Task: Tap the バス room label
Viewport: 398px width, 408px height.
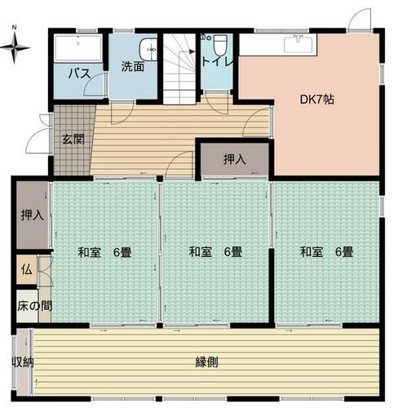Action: (x=79, y=73)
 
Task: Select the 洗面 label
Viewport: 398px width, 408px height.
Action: (x=133, y=67)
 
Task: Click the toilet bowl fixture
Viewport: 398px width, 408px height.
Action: (x=220, y=45)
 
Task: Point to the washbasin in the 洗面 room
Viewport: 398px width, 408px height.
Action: (x=148, y=50)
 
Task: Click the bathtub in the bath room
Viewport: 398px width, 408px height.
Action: (x=78, y=48)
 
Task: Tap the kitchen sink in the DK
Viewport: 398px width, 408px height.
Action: (x=298, y=44)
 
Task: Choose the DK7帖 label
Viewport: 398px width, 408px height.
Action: (x=316, y=100)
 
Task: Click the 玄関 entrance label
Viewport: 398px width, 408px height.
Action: (x=73, y=140)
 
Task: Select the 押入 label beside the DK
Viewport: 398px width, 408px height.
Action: (x=234, y=159)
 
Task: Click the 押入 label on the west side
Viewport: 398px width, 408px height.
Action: (x=33, y=215)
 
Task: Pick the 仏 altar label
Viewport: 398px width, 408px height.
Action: (x=27, y=270)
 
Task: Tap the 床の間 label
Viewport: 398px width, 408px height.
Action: (x=34, y=306)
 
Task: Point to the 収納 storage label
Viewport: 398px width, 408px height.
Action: (x=23, y=362)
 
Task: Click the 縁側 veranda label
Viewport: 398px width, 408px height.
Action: (x=206, y=362)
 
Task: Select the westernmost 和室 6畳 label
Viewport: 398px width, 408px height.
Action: (x=104, y=252)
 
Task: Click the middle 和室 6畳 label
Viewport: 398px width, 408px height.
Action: (x=215, y=252)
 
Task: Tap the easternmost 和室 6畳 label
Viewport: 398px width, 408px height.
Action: (x=326, y=252)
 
